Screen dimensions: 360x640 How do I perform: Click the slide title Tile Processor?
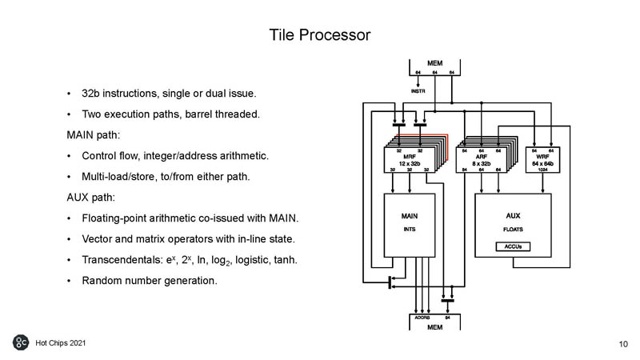click(x=319, y=35)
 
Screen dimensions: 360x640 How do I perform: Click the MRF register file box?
click(x=410, y=159)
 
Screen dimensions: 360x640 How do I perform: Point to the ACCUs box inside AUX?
click(x=513, y=246)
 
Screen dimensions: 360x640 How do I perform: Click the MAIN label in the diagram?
click(x=409, y=216)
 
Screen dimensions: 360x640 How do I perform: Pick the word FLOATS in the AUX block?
click(x=513, y=230)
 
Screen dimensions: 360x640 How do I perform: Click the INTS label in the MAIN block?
click(x=409, y=230)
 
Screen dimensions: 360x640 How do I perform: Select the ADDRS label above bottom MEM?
click(x=422, y=318)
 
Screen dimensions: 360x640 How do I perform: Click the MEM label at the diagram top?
click(x=434, y=62)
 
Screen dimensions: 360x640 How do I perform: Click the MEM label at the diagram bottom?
click(x=434, y=328)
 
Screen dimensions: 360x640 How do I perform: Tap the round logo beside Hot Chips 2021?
click(x=22, y=342)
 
